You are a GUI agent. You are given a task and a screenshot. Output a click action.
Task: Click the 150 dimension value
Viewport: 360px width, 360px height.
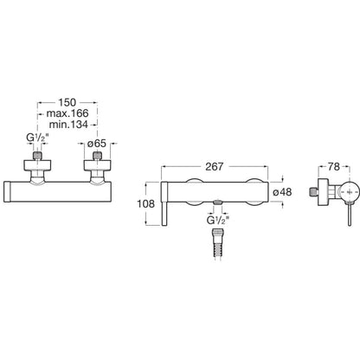click(x=67, y=102)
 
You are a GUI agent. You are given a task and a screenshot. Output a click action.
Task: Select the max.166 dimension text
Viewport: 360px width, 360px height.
click(x=67, y=113)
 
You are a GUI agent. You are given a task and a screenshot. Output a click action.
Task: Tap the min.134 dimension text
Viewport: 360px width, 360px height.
click(x=68, y=125)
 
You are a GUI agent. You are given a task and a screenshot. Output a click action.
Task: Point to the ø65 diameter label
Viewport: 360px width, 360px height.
click(x=97, y=144)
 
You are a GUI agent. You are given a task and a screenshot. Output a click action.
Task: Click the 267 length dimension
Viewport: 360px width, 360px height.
click(x=215, y=166)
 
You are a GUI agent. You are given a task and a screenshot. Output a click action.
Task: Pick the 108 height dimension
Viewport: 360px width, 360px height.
click(x=145, y=204)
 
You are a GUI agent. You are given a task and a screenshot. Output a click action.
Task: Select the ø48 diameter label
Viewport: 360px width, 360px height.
click(x=282, y=192)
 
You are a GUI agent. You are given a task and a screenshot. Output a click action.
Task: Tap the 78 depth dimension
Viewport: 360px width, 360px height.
click(x=334, y=166)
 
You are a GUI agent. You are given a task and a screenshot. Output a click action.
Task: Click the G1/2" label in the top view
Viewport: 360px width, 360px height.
click(x=37, y=138)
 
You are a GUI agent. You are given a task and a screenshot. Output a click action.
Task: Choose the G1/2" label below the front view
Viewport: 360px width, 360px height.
click(x=218, y=221)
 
